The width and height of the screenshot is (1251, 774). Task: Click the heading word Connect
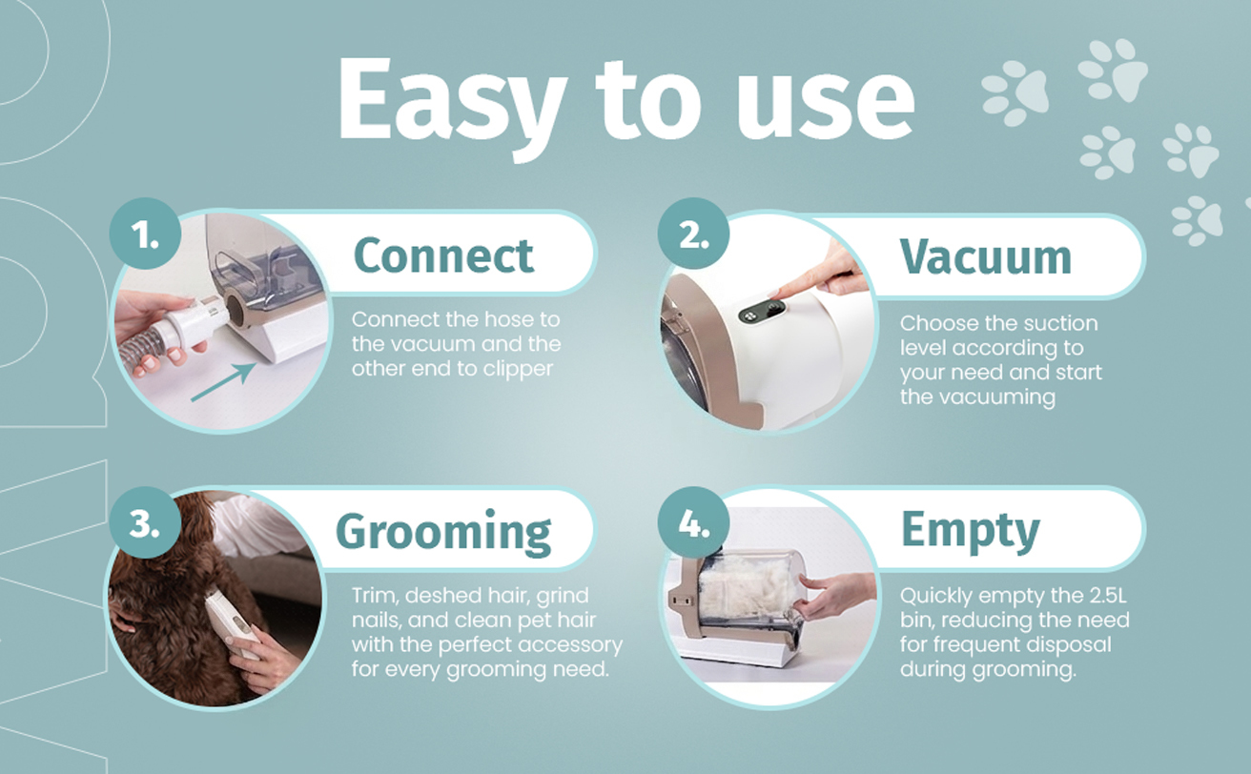tap(443, 255)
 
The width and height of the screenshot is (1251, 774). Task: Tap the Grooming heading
tap(443, 532)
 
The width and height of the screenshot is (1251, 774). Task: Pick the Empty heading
tap(970, 532)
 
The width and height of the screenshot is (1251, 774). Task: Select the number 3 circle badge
tap(145, 523)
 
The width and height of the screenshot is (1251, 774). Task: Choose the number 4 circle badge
tap(694, 523)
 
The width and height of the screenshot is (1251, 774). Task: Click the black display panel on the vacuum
tap(765, 311)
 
